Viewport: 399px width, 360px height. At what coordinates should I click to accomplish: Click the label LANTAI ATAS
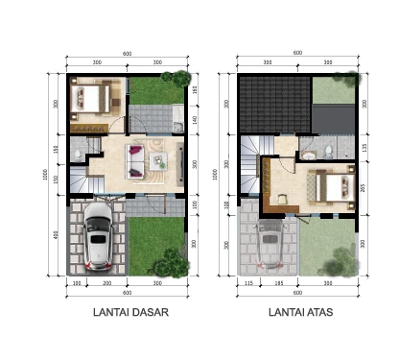(x=297, y=312)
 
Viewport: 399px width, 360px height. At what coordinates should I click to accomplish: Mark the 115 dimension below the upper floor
(x=247, y=284)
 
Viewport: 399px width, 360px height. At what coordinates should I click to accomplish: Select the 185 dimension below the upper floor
(x=279, y=284)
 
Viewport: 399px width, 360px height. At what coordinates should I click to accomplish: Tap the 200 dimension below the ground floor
(x=107, y=284)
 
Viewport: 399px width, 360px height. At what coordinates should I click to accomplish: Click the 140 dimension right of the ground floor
(x=195, y=120)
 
